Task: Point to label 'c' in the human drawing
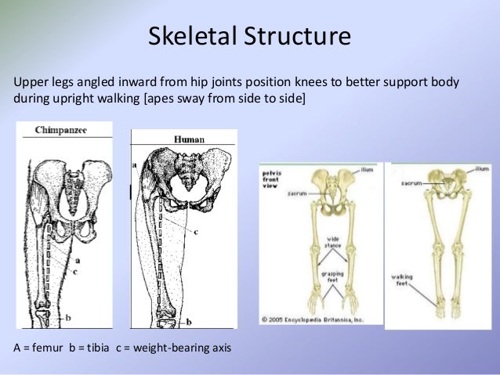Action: (195, 232)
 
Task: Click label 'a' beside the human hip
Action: (135, 165)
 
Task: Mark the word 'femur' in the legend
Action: (49, 347)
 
